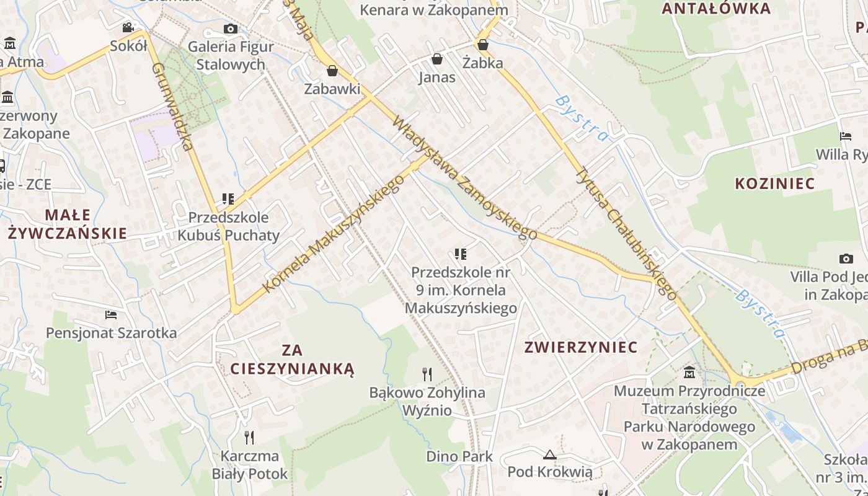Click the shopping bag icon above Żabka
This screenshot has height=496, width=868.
[482, 45]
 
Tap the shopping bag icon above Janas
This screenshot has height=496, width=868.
[437, 59]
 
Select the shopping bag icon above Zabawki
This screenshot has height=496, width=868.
[332, 71]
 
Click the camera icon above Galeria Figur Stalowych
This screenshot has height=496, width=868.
[230, 29]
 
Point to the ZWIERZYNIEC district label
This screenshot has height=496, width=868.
[581, 347]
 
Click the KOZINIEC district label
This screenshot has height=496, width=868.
[774, 184]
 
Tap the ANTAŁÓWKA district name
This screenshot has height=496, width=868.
[715, 9]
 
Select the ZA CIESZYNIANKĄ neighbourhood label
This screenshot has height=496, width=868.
[292, 360]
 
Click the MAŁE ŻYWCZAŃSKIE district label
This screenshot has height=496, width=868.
[67, 224]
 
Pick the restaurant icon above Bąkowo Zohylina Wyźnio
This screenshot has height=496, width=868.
[427, 374]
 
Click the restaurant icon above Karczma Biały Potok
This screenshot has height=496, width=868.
[249, 438]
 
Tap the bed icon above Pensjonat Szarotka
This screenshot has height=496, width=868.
[111, 315]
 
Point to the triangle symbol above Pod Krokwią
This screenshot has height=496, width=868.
[549, 454]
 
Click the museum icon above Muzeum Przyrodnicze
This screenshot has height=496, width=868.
[689, 373]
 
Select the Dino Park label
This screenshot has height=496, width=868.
[459, 456]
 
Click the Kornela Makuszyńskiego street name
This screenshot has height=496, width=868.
[334, 233]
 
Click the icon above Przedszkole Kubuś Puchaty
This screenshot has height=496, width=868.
[228, 199]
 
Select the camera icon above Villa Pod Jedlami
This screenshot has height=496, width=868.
[846, 259]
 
